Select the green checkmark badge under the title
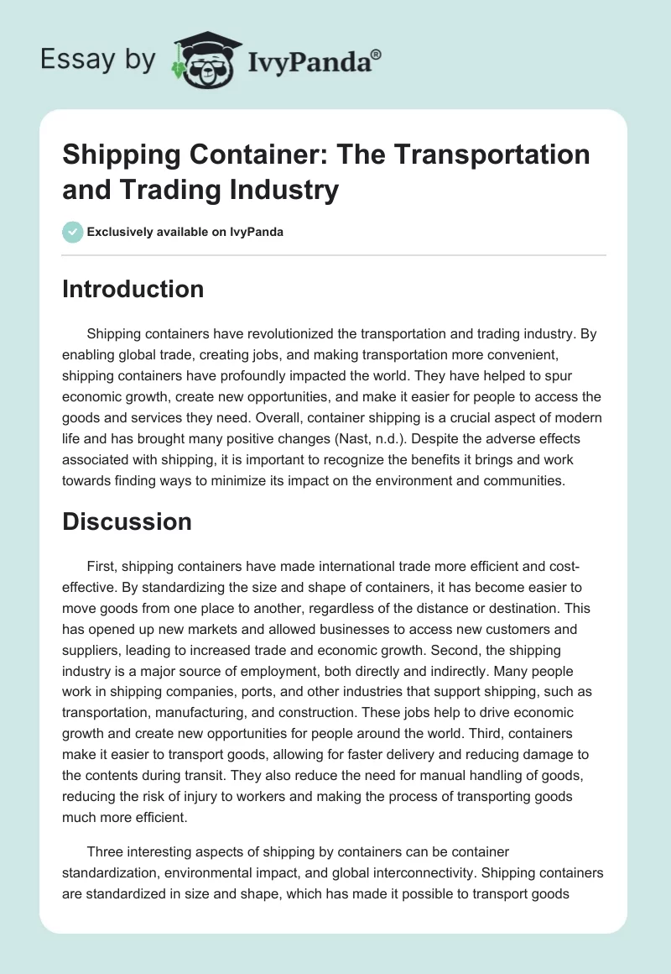73,232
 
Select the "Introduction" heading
133,289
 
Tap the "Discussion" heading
127,521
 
